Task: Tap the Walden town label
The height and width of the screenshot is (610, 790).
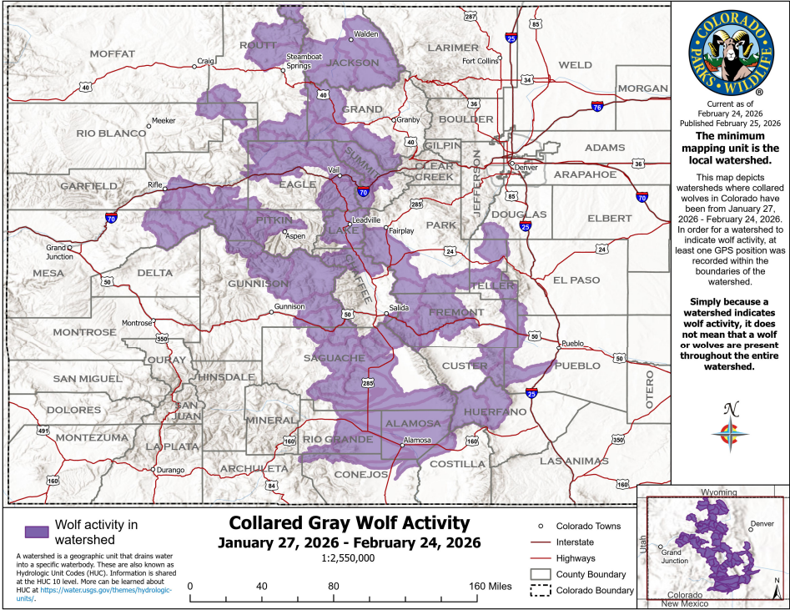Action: pyautogui.click(x=365, y=34)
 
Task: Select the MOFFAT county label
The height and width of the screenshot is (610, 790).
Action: pyautogui.click(x=112, y=53)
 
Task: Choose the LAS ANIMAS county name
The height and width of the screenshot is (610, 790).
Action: pyautogui.click(x=575, y=461)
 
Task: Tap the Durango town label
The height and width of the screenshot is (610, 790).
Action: pyautogui.click(x=169, y=470)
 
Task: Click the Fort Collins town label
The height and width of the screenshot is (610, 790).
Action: pyautogui.click(x=481, y=61)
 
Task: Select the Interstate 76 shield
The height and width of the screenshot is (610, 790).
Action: pyautogui.click(x=596, y=107)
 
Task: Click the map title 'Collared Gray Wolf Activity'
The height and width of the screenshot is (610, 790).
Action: pyautogui.click(x=349, y=523)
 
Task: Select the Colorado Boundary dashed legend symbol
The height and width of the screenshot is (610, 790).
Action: pyautogui.click(x=542, y=591)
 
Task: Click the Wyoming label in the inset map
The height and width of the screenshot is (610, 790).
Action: pyautogui.click(x=724, y=493)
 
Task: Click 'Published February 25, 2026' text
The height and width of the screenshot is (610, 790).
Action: pyautogui.click(x=729, y=123)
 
